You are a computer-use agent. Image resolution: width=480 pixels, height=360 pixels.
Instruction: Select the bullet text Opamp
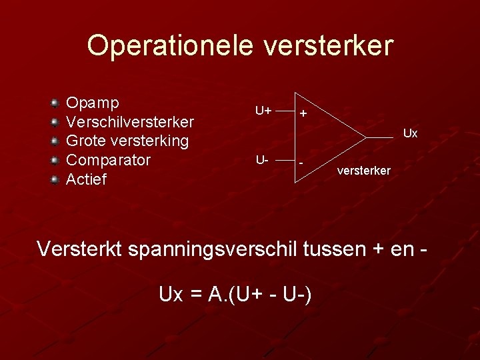pyautogui.click(x=93, y=104)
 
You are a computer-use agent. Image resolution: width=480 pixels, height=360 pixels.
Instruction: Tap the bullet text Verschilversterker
pyautogui.click(x=130, y=123)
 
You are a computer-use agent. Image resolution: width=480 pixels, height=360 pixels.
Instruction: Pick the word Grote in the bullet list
pyautogui.click(x=85, y=141)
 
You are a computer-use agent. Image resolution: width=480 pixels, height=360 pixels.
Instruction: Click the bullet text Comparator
pyautogui.click(x=109, y=160)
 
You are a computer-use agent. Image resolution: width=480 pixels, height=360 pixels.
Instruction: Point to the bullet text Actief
pyautogui.click(x=87, y=179)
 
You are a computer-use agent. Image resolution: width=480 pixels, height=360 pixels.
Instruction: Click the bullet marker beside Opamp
pyautogui.click(x=56, y=103)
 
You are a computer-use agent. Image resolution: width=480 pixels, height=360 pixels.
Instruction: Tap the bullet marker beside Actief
pyautogui.click(x=56, y=179)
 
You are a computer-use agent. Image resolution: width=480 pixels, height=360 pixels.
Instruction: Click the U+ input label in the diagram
pyautogui.click(x=263, y=110)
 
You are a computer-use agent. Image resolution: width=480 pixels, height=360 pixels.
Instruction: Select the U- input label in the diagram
pyautogui.click(x=261, y=161)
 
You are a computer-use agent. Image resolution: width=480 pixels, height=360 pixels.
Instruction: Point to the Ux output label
pyautogui.click(x=410, y=134)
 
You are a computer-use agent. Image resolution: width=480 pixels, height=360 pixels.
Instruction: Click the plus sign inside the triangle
pyautogui.click(x=303, y=114)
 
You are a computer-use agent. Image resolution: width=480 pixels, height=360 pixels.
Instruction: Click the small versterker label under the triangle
pyautogui.click(x=364, y=171)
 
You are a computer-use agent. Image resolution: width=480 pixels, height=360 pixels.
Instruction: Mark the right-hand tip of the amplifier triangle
pyautogui.click(x=366, y=137)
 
